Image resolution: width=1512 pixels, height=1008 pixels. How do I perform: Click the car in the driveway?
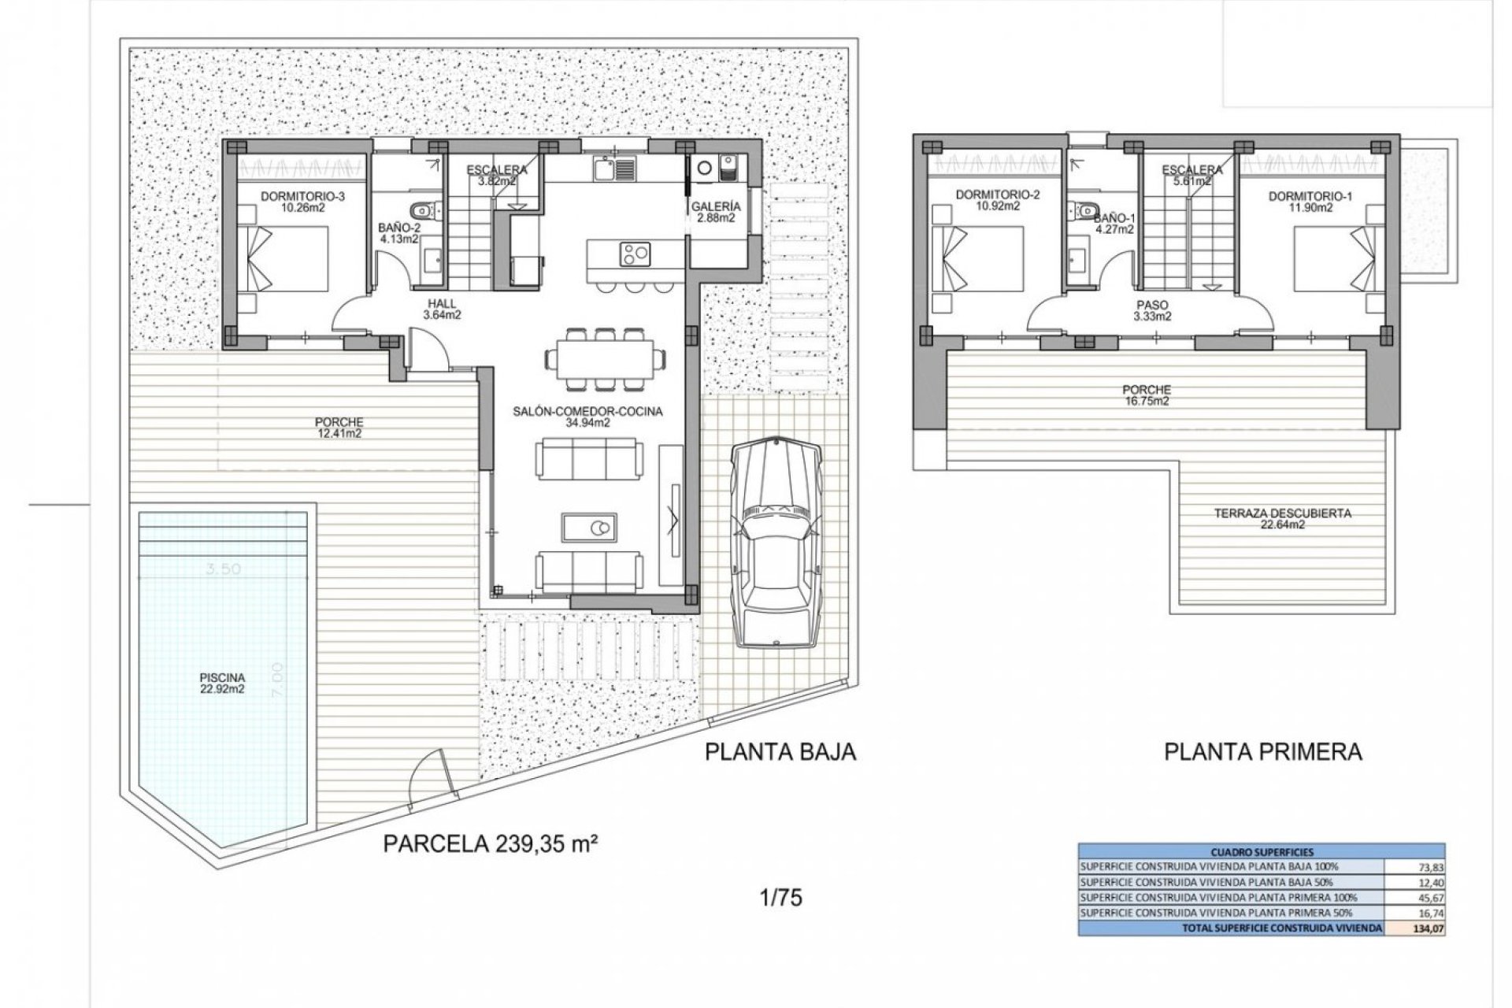click(776, 543)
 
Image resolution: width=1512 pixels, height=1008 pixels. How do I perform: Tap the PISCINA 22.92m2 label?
click(222, 683)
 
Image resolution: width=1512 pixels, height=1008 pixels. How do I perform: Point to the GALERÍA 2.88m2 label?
click(714, 213)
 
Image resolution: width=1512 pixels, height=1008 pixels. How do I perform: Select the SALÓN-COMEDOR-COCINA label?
click(587, 417)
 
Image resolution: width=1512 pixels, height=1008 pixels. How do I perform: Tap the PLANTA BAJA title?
click(780, 752)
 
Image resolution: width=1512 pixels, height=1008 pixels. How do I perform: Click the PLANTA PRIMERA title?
click(1263, 752)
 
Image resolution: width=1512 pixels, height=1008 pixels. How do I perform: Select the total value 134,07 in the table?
click(1430, 928)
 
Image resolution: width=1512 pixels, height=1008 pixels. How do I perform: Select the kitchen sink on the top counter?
click(604, 168)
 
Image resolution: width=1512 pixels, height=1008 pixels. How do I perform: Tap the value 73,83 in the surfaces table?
click(1430, 867)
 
